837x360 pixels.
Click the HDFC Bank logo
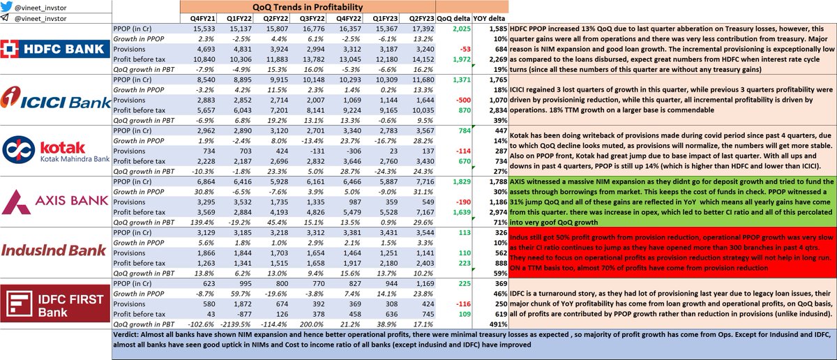[x=56, y=50]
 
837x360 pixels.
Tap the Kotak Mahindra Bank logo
[x=56, y=162]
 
